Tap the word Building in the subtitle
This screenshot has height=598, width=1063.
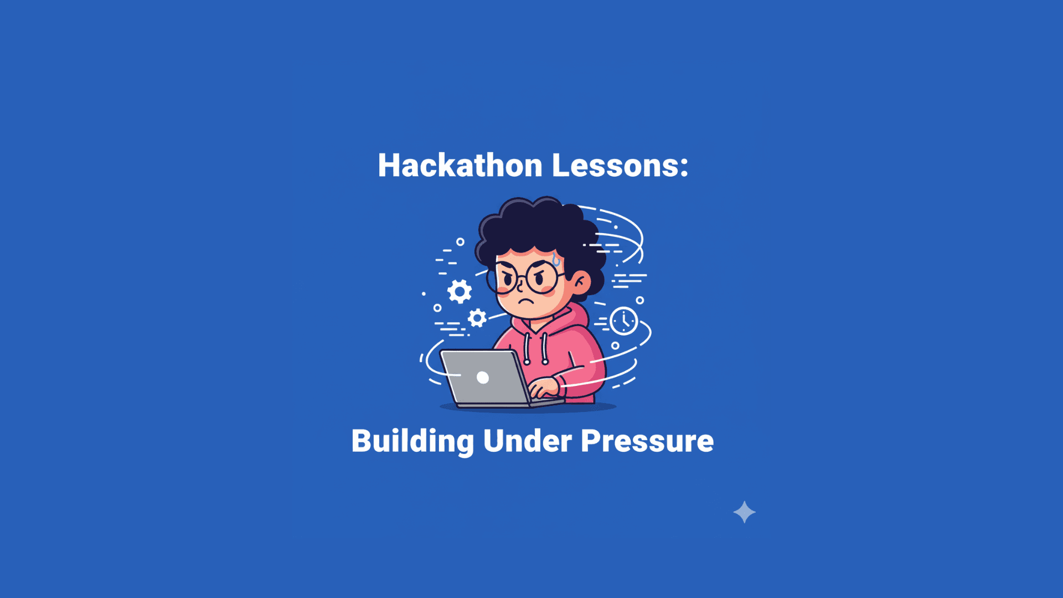pos(412,441)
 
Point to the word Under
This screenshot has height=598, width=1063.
pos(527,441)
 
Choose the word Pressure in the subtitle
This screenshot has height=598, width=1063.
pos(647,441)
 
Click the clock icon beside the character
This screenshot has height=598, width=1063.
pos(624,321)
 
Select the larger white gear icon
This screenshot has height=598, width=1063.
pos(460,291)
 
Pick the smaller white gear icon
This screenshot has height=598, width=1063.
pos(477,318)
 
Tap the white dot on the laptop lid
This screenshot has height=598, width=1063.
pos(483,378)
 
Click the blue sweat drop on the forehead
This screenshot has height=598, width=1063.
pos(556,260)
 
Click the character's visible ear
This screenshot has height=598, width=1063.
pos(580,282)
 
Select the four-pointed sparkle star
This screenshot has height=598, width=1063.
pos(744,512)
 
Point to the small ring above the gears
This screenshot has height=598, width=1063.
pos(460,242)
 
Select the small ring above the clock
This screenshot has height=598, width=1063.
pos(640,301)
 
